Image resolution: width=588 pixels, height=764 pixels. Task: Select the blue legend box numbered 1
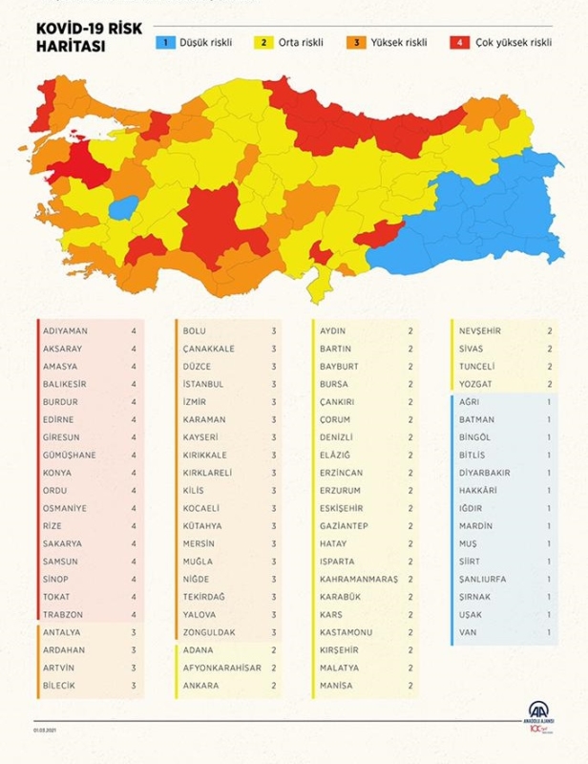point(163,42)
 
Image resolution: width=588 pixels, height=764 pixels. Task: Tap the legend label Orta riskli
point(300,42)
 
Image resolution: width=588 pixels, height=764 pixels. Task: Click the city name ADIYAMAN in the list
point(65,330)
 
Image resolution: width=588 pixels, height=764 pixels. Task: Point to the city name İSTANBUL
point(203,384)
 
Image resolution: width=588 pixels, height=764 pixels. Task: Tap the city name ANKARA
point(200,685)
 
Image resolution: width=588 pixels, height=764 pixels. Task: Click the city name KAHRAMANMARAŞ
point(359,579)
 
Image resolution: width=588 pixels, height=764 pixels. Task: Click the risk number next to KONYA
point(134,473)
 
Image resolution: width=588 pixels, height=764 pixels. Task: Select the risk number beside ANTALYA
point(134,632)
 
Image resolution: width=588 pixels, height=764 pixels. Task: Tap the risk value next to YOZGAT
point(550,384)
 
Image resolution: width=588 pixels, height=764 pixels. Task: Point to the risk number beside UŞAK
point(550,614)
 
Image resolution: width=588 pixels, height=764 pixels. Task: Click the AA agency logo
point(541,713)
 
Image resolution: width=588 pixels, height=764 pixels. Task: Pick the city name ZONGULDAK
point(210,632)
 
